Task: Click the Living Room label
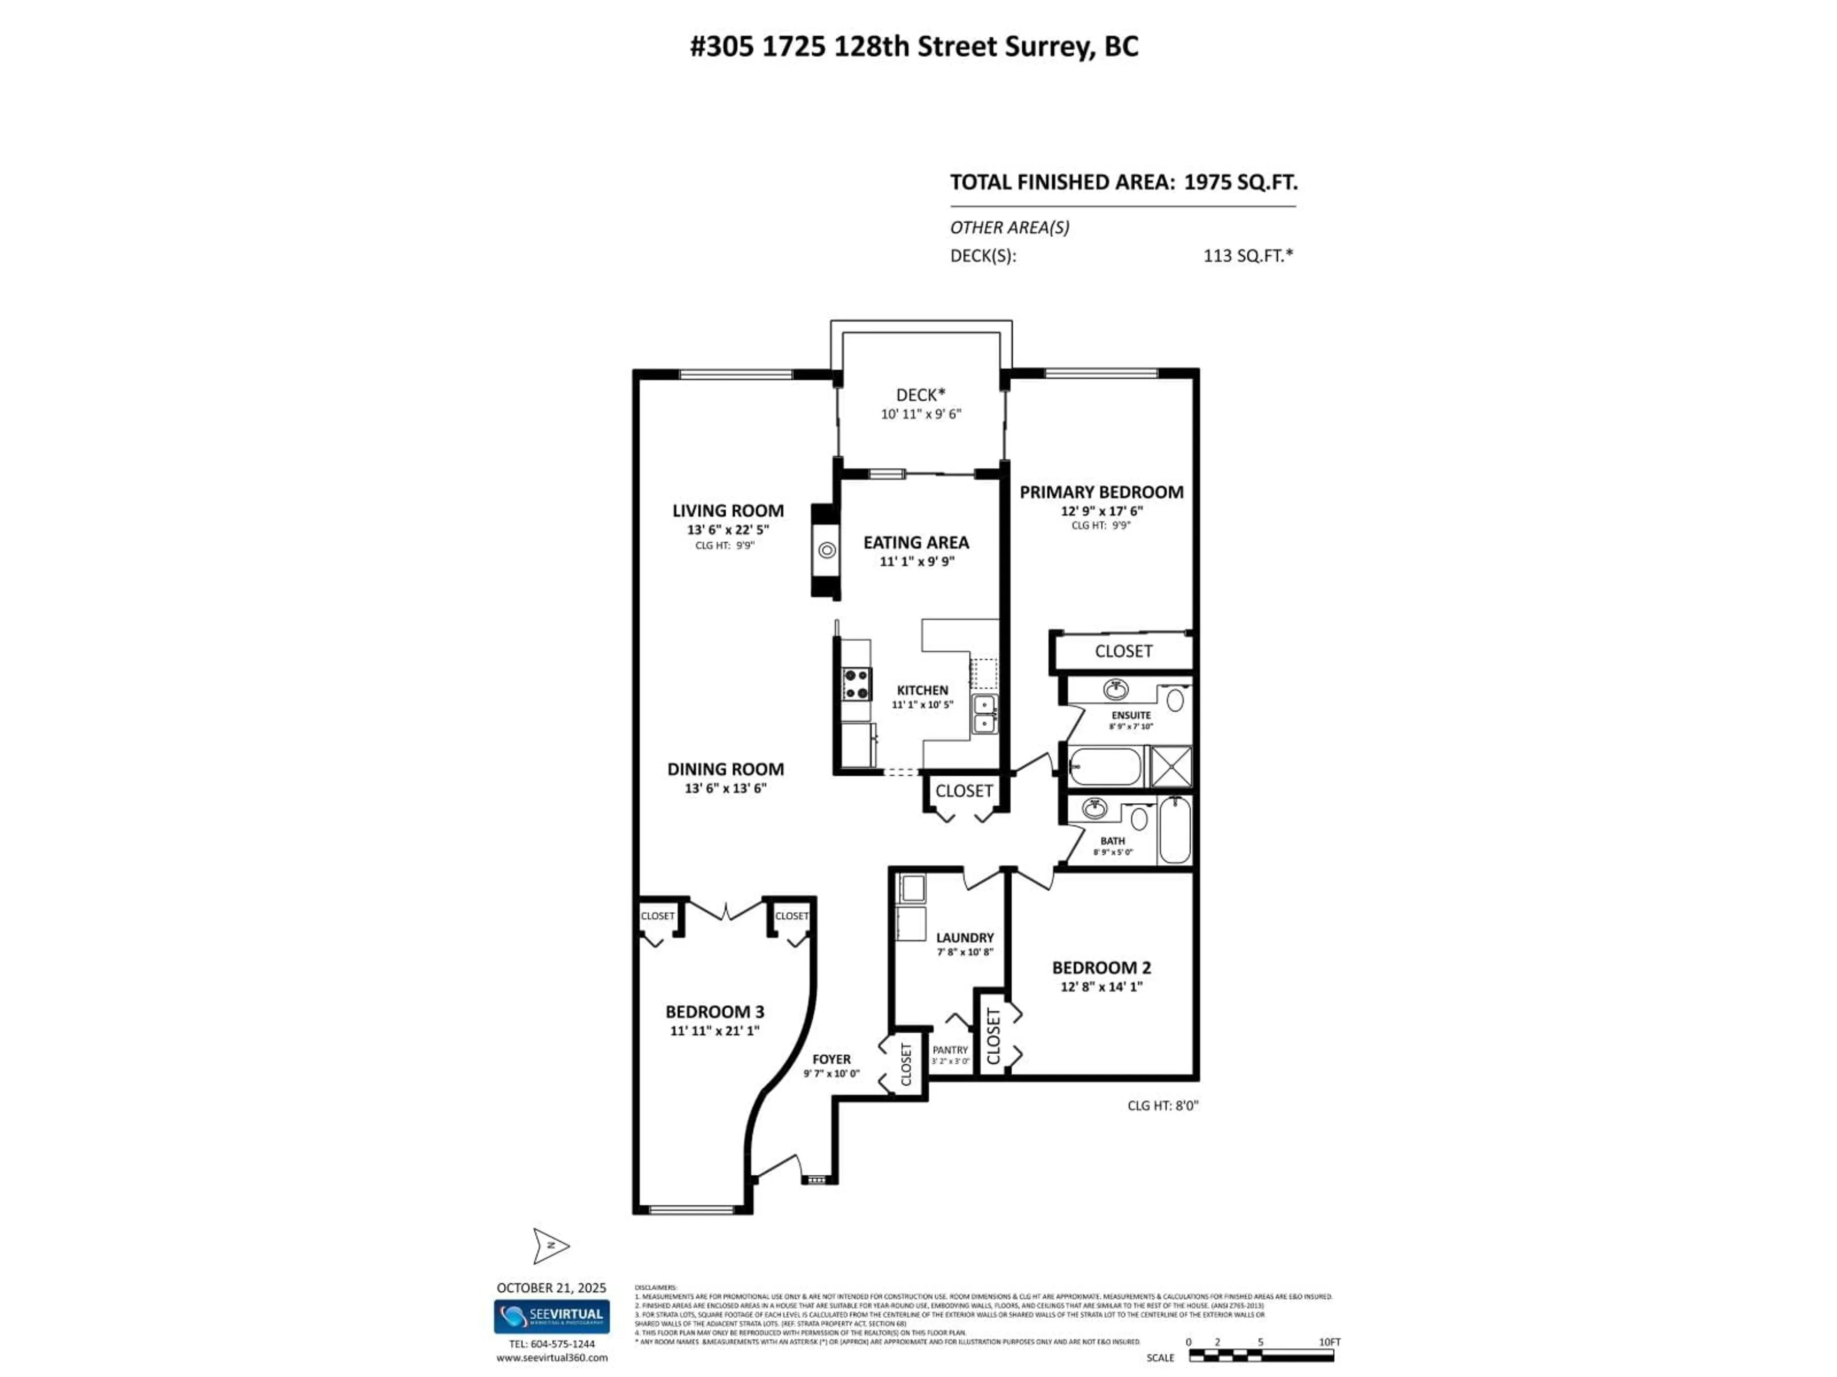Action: (728, 511)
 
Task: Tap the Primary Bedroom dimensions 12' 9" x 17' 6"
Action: (1101, 511)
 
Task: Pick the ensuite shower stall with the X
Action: (1171, 766)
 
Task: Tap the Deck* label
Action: (920, 395)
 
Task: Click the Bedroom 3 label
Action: (714, 1012)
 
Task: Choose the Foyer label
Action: (831, 1059)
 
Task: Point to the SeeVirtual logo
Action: (552, 1316)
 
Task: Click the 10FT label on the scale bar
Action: (1329, 1342)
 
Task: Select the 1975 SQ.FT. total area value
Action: (1240, 183)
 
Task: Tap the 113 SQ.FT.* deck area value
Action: (1247, 256)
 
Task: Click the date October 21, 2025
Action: (552, 1288)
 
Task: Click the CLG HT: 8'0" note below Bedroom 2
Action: (1162, 1105)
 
